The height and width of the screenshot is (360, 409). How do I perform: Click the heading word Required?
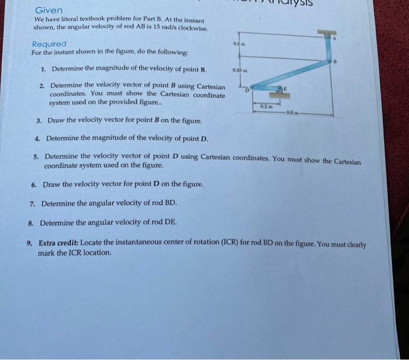tap(49, 44)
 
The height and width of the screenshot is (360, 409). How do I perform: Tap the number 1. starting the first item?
tap(44, 69)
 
